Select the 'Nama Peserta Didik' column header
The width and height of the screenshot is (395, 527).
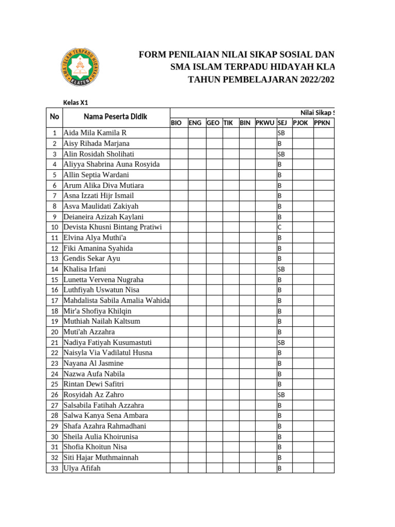[115, 117]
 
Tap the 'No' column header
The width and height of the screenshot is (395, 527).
[54, 117]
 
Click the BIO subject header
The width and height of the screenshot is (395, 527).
[176, 122]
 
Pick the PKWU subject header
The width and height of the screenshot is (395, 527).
[265, 122]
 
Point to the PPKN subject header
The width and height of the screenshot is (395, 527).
[322, 122]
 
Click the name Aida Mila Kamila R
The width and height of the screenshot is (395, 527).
[95, 133]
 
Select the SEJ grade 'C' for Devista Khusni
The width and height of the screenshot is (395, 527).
[280, 227]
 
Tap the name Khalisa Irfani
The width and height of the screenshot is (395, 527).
[85, 269]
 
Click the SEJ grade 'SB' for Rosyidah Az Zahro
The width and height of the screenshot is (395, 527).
[281, 395]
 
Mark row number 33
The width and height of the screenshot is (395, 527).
[54, 468]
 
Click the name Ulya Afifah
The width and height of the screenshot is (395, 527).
[82, 468]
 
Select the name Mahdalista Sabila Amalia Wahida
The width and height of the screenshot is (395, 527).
[116, 300]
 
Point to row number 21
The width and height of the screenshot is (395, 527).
[54, 342]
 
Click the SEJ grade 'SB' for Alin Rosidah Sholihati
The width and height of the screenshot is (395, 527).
[281, 154]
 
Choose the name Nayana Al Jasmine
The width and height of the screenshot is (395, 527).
[93, 363]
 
